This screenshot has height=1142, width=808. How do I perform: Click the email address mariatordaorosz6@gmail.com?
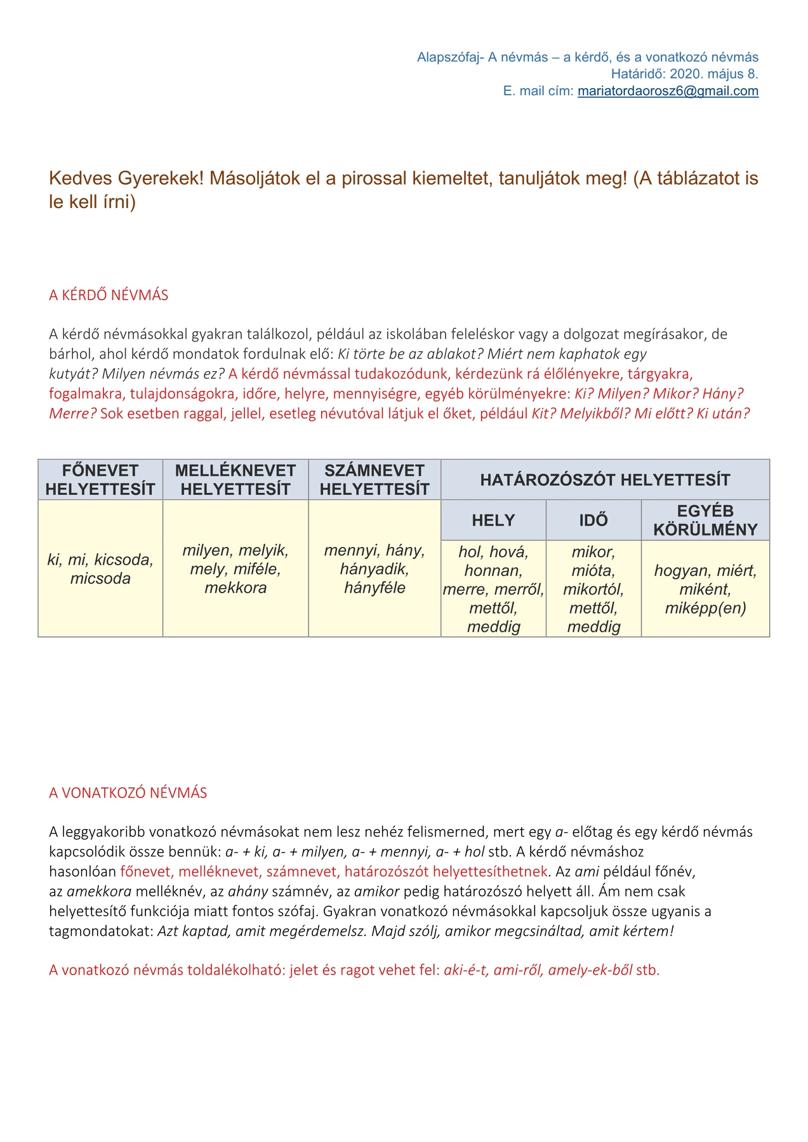pos(668,91)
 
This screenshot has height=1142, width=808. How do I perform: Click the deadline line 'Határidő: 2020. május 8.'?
pos(684,74)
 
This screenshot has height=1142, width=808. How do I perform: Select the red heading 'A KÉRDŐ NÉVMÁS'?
pos(109,295)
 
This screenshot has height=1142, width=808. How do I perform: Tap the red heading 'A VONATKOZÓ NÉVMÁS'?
pos(128,793)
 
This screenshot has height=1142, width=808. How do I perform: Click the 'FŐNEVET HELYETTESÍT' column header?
pos(100,480)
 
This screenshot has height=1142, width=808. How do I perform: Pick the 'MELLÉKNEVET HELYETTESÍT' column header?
pos(235,480)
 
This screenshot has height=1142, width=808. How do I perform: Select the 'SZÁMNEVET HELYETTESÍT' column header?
pos(374,480)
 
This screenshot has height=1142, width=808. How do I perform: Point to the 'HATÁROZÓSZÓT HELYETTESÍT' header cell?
pos(605,480)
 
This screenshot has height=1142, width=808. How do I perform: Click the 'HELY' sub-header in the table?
pos(493,520)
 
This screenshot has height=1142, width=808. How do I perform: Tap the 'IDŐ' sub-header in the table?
pos(593,520)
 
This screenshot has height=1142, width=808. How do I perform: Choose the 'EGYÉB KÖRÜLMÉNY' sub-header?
pos(705,520)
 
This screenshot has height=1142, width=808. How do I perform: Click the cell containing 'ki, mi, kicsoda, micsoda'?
pos(100,569)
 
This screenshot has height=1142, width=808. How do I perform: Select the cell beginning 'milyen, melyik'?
pos(235,569)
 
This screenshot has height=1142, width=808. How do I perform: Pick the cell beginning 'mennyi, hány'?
pos(374,569)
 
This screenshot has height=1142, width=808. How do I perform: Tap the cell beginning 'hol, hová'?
pos(493,589)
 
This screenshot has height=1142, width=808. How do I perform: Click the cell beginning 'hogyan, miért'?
pos(705,589)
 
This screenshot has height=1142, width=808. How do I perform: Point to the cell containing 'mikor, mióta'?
pos(593,589)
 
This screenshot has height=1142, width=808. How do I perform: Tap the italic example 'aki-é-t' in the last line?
pos(466,970)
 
